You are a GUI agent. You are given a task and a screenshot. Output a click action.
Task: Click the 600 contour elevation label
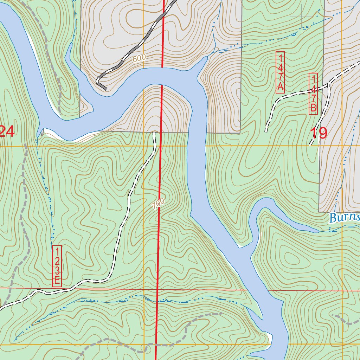[139, 59]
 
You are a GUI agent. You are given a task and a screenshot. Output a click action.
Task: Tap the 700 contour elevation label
[159, 204]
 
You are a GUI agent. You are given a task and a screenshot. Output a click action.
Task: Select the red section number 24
[7, 131]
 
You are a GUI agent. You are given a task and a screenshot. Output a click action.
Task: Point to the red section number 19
[319, 133]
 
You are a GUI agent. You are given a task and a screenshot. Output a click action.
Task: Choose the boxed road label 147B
[313, 94]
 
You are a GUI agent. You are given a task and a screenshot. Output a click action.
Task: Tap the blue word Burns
[344, 218]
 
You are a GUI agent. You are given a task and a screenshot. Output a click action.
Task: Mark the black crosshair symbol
[302, 16]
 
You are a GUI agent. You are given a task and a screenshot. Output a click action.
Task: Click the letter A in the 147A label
[280, 87]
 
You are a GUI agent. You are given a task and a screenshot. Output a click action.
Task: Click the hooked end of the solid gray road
[105, 89]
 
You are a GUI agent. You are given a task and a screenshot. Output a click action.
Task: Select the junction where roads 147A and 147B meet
[328, 84]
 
